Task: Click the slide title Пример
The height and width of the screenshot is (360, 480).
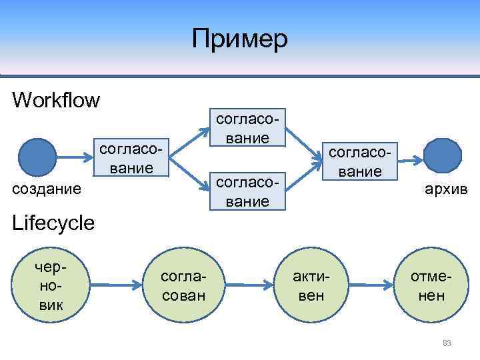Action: pos(239,39)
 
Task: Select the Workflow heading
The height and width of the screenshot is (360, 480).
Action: pos(56,101)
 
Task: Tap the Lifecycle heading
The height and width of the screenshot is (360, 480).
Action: pos(53,223)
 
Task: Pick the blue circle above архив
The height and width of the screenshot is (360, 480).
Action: pos(442,157)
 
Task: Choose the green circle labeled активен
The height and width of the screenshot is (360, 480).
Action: pos(312,286)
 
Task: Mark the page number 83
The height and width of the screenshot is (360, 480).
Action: pos(447,343)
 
